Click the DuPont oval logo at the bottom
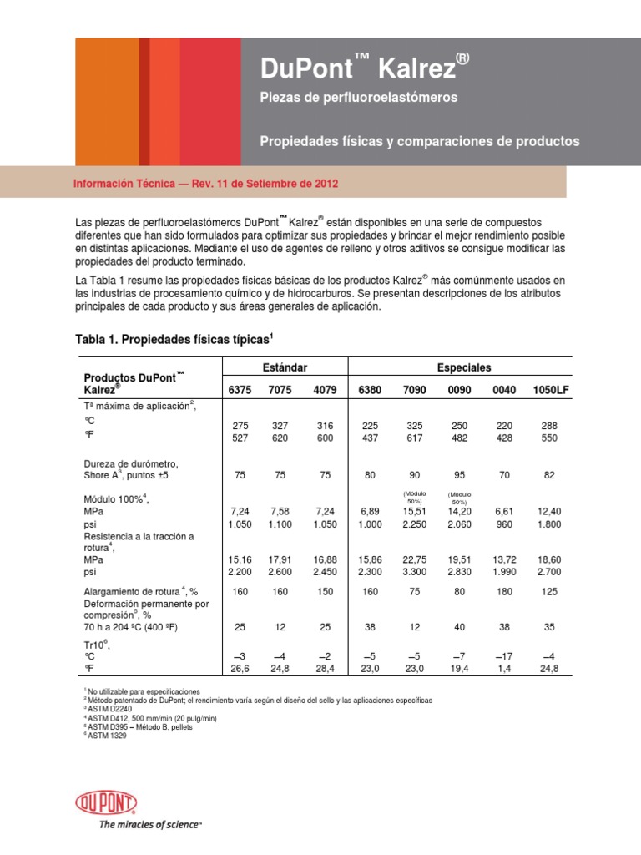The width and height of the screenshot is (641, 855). click(105, 804)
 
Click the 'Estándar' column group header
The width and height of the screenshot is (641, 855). click(285, 367)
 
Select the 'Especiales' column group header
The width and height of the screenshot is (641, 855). click(464, 367)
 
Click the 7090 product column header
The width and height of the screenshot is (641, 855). click(414, 390)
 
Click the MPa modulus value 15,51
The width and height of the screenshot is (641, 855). click(414, 509)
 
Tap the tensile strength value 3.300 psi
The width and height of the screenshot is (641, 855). click(414, 573)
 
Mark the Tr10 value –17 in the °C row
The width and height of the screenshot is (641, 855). click(504, 656)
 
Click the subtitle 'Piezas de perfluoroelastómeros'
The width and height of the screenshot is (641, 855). click(360, 98)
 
